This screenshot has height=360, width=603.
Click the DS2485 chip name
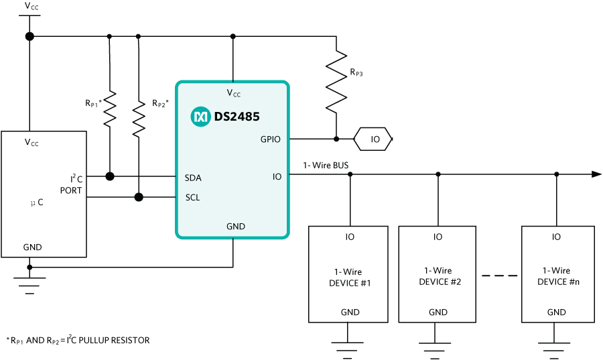pyautogui.click(x=237, y=117)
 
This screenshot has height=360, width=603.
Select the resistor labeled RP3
pyautogui.click(x=336, y=83)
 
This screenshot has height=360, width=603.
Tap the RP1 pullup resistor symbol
pyautogui.click(x=109, y=109)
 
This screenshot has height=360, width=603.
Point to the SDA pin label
pyautogui.click(x=193, y=178)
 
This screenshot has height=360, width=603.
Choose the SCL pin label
pyautogui.click(x=192, y=198)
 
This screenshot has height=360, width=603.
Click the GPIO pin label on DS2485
pyautogui.click(x=271, y=139)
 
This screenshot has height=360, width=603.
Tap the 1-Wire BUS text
pyautogui.click(x=326, y=165)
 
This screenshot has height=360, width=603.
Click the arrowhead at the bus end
pyautogui.click(x=596, y=174)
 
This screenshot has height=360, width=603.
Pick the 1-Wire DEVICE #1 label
pyautogui.click(x=348, y=277)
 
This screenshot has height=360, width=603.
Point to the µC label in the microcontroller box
pyautogui.click(x=37, y=202)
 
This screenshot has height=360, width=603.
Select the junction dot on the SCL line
pyautogui.click(x=139, y=197)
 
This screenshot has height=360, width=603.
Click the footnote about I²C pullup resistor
pyautogui.click(x=78, y=340)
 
